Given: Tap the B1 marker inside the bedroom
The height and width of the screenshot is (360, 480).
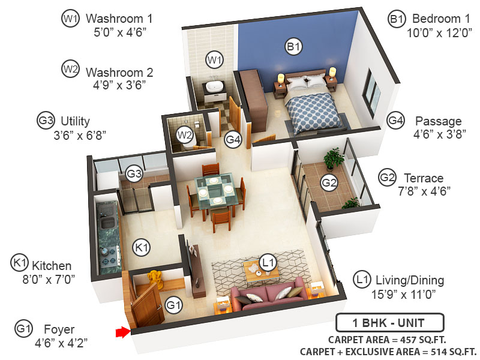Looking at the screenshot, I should (x=293, y=46).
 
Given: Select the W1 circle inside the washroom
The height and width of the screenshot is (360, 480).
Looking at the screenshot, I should (x=214, y=59).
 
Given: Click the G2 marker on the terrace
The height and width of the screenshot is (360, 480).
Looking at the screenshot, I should (x=328, y=182).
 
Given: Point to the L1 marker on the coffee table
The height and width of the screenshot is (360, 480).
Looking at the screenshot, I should (x=268, y=262).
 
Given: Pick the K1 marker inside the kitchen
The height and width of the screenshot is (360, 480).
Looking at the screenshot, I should (x=141, y=247).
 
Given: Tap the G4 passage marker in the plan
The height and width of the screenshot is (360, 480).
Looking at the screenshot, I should (x=233, y=140).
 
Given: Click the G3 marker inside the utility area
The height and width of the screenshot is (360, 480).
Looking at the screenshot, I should (x=134, y=175).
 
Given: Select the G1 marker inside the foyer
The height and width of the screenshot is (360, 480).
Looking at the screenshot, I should (x=173, y=305).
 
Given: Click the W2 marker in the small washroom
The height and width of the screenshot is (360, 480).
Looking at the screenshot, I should (x=184, y=134).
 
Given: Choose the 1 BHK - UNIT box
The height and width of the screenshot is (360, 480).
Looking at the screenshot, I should (x=389, y=323).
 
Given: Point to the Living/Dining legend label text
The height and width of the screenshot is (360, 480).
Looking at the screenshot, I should (x=409, y=280).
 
